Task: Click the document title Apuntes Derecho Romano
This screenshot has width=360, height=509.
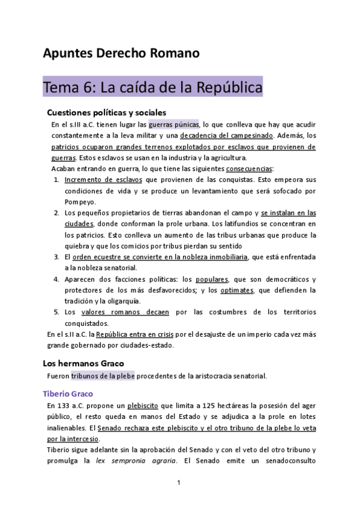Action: pyautogui.click(x=121, y=53)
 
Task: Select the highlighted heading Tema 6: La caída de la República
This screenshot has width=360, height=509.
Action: pyautogui.click(x=152, y=88)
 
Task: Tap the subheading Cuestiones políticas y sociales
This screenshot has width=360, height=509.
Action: pyautogui.click(x=106, y=112)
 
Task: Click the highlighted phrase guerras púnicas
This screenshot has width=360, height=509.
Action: pyautogui.click(x=173, y=125)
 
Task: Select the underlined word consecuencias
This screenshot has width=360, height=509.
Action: pyautogui.click(x=249, y=169)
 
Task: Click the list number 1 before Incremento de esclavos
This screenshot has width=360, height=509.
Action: pyautogui.click(x=56, y=180)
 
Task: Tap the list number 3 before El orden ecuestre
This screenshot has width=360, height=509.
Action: pyautogui.click(x=56, y=257)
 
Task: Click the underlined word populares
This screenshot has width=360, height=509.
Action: pyautogui.click(x=212, y=280)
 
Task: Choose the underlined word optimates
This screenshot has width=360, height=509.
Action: pyautogui.click(x=236, y=291)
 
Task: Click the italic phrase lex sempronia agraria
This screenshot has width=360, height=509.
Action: pyautogui.click(x=139, y=461)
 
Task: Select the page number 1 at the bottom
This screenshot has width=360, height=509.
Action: pyautogui.click(x=179, y=483)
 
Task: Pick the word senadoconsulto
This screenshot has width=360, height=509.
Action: pyautogui.click(x=281, y=461)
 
